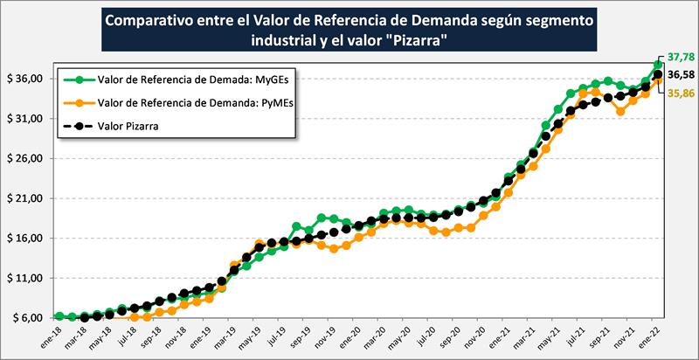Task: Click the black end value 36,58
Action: click(x=681, y=75)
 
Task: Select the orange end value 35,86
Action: click(x=681, y=92)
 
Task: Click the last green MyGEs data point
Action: click(x=658, y=64)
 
